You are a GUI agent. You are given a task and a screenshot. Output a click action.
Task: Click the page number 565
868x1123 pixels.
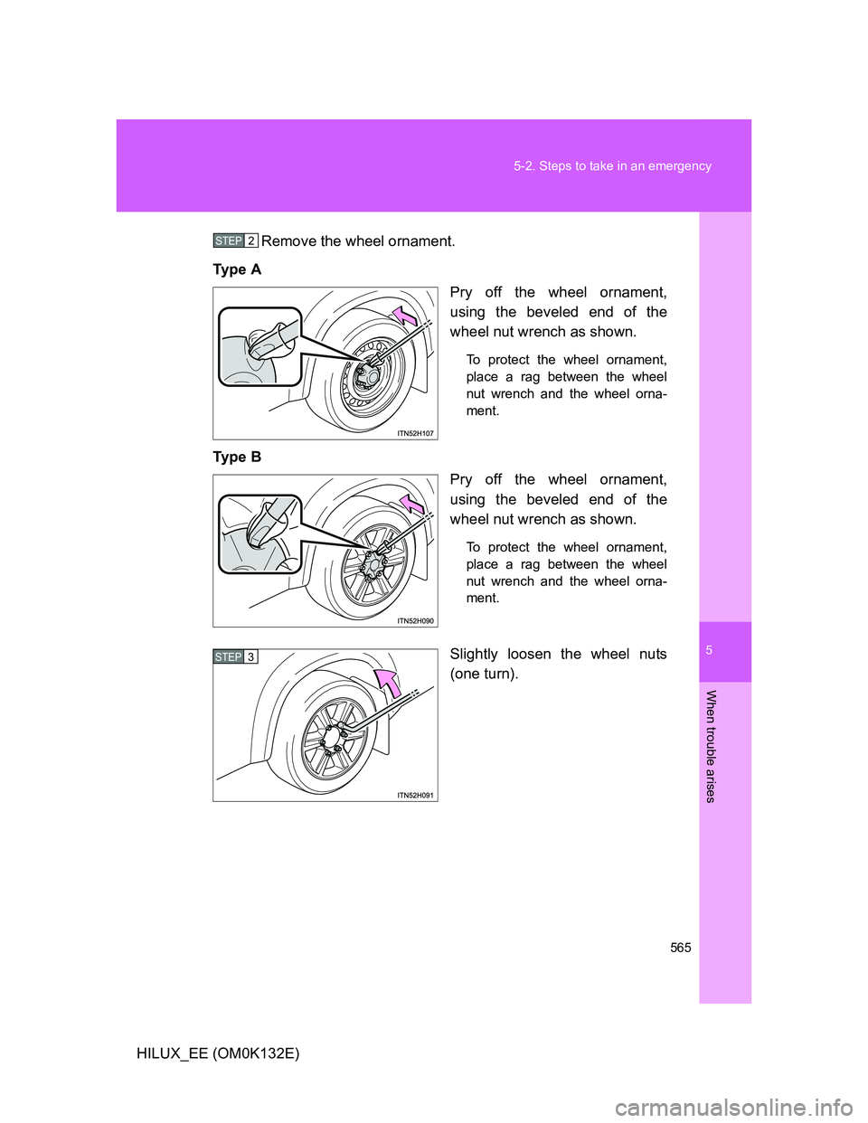(681, 948)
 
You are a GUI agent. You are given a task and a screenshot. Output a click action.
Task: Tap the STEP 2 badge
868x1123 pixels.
(236, 241)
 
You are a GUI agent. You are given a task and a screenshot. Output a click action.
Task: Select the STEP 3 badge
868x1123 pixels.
(236, 657)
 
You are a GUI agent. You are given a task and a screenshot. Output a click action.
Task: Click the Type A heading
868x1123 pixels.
(237, 269)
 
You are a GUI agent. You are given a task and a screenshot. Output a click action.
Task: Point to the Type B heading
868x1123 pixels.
(237, 457)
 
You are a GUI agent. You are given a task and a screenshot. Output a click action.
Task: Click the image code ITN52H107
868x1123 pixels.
(416, 433)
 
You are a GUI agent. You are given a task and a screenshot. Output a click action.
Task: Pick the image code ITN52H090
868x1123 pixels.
(416, 620)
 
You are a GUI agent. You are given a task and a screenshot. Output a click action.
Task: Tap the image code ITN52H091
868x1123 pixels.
(416, 795)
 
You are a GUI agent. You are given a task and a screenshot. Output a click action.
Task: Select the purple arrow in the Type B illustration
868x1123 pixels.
(410, 503)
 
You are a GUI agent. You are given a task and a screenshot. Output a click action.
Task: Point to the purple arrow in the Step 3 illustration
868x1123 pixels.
(388, 683)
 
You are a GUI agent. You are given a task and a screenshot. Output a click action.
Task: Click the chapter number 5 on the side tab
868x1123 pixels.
(711, 650)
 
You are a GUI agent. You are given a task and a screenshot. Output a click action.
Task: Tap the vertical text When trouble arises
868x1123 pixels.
(711, 746)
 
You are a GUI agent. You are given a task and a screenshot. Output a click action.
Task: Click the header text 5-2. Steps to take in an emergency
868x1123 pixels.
(612, 166)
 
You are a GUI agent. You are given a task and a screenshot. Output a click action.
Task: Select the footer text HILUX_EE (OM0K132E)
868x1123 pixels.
(218, 1053)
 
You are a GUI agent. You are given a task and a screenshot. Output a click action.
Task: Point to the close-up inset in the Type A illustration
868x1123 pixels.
(259, 346)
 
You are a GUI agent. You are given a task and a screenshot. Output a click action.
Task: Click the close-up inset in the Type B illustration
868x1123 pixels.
(259, 533)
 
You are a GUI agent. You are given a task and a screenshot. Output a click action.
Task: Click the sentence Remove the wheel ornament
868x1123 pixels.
(358, 241)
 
